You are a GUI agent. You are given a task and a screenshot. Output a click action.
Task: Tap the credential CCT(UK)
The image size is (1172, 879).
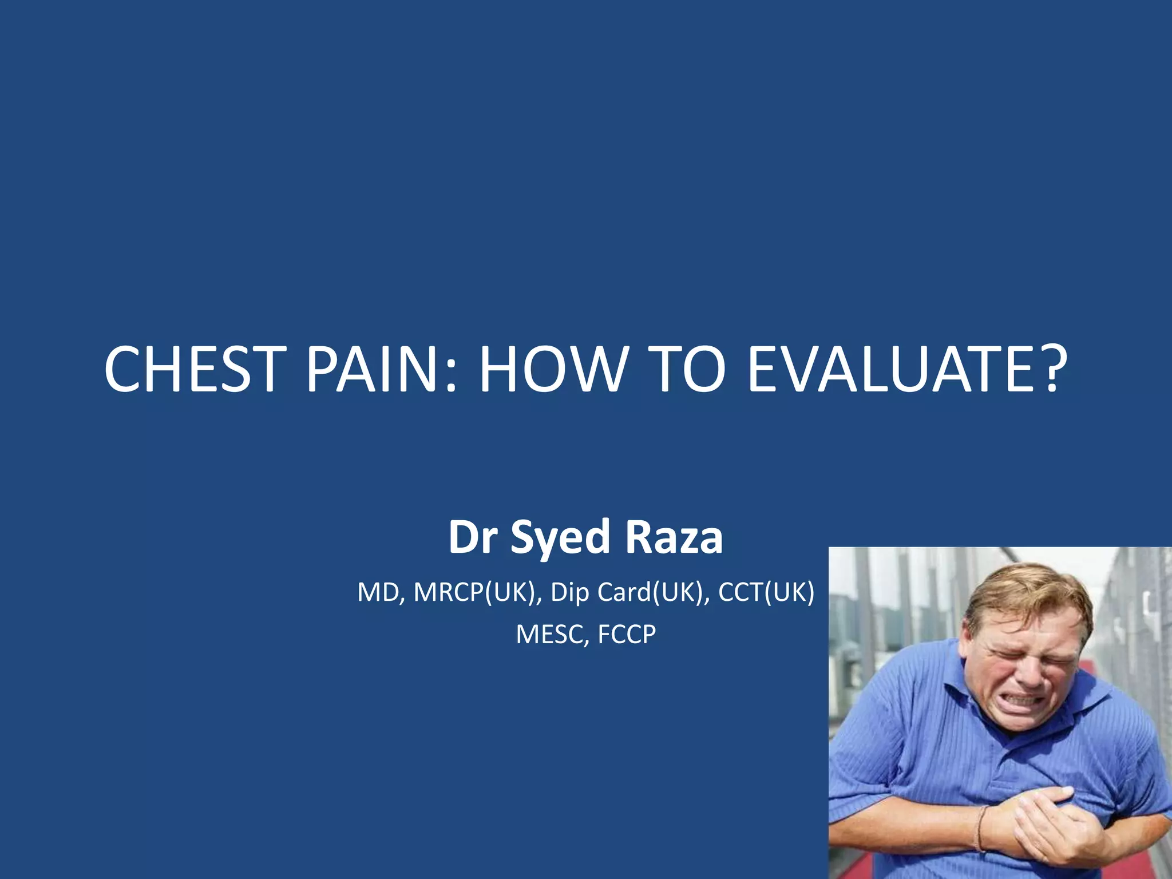766,593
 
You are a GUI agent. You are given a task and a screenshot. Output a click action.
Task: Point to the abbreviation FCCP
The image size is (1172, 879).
626,635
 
